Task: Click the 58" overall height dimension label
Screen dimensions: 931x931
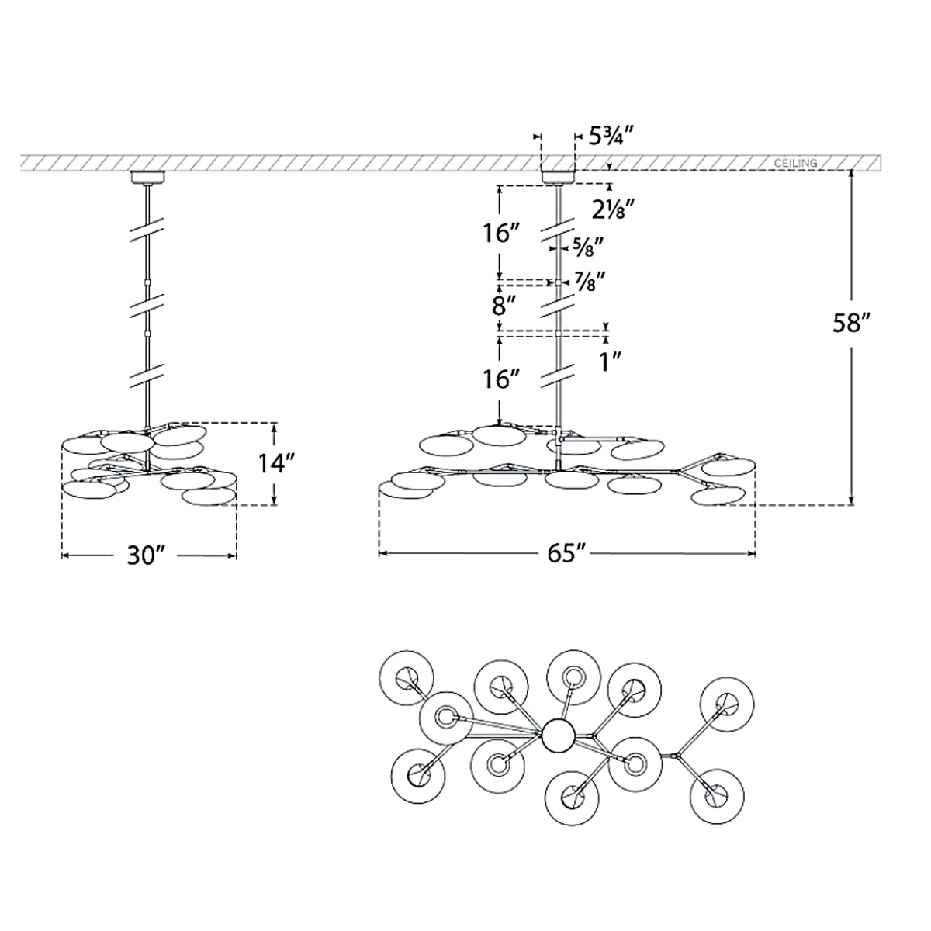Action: point(851,324)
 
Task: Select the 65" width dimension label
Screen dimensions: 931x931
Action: point(567,554)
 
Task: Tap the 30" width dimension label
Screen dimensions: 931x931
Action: point(147,556)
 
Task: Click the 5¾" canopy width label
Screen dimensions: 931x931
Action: point(611,137)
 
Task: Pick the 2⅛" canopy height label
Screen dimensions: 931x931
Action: point(613,209)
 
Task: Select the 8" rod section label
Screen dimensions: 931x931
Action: point(505,306)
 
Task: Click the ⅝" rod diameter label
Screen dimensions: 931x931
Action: point(587,247)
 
